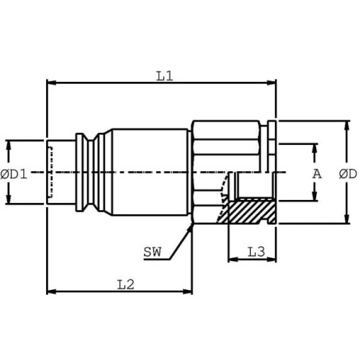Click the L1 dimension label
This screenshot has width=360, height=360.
pos(165,76)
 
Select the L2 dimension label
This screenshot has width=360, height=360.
pos(126,285)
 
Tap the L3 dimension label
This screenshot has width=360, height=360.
pos(256,252)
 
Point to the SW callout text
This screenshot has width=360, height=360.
pos(152,252)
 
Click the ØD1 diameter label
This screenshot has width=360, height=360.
pos(14,174)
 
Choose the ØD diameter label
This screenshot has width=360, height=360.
pos(348,174)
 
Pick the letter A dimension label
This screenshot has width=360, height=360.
pos(317,174)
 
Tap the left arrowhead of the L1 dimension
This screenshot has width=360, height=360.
pos(51,83)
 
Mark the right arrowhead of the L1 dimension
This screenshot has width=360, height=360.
pos(272,83)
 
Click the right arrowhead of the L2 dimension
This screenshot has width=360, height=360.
pos(187,292)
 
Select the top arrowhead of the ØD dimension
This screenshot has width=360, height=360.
pos(346,126)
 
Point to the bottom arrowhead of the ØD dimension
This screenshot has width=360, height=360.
pos(346,219)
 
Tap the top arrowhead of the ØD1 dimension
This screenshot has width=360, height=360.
pos(9,146)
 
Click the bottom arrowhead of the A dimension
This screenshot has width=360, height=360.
pos(315,196)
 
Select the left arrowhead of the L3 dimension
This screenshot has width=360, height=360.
pos(233,260)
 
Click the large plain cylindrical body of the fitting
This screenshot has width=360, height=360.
pos(151,172)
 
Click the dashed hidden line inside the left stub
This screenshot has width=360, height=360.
pos(50,172)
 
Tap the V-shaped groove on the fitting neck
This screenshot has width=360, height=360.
pos(91,172)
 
